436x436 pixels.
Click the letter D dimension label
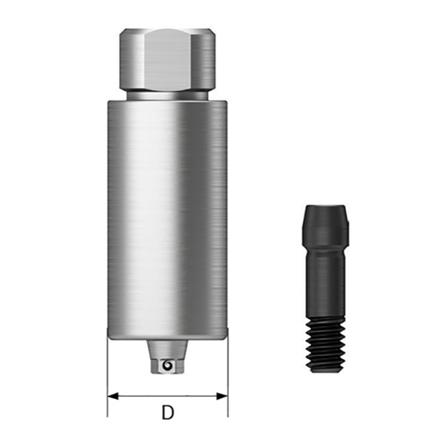point(168,412)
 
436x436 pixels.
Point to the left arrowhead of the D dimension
point(113,396)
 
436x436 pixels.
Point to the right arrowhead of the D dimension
point(222,396)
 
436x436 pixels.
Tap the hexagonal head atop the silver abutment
point(168,60)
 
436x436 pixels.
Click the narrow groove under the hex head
point(167,95)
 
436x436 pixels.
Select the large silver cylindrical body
point(168,219)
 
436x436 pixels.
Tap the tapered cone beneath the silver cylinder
point(167,349)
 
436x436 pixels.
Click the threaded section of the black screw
point(326,345)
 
